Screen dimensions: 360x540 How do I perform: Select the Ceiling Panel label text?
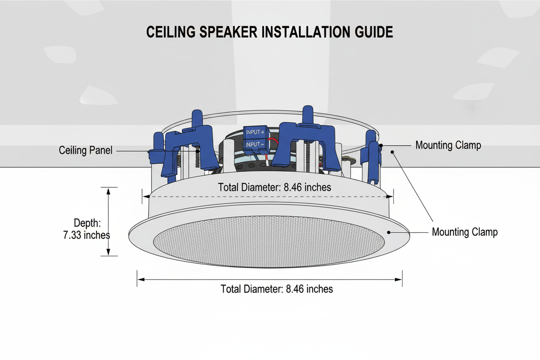(86, 150)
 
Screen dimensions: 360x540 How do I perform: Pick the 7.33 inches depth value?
(86, 235)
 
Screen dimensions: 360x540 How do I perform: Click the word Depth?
(87, 223)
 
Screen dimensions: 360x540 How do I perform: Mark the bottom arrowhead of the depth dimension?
(109, 254)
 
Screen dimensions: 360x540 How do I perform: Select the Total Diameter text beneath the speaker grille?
(276, 289)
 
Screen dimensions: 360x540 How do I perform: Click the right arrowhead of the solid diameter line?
(400, 280)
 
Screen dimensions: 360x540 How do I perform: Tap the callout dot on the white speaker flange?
(389, 232)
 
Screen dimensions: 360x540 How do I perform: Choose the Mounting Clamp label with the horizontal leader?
(448, 145)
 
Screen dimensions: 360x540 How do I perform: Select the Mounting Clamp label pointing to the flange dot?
(465, 232)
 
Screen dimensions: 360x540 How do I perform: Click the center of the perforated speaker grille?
(269, 241)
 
